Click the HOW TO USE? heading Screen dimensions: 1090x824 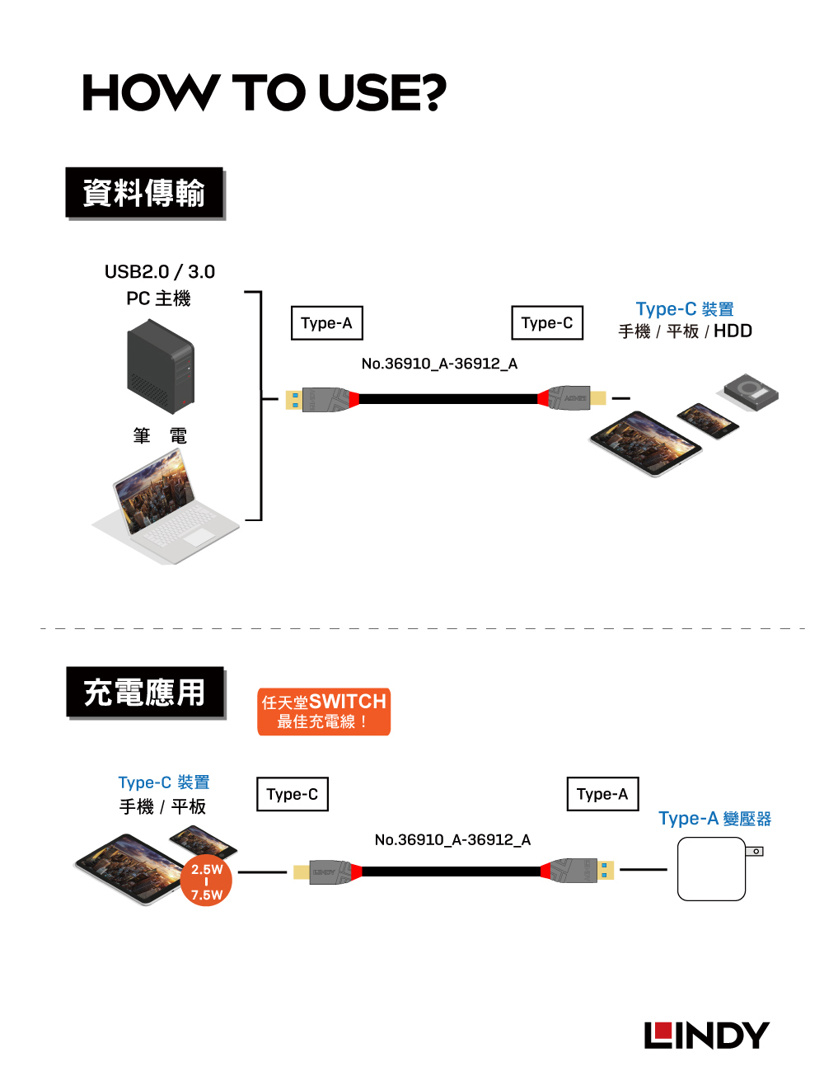[x=264, y=92]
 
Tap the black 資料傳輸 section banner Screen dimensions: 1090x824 [x=144, y=193]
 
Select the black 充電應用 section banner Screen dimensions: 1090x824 [x=145, y=693]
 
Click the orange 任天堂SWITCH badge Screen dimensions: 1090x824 [x=324, y=712]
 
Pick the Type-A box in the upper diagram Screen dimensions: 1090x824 [x=326, y=323]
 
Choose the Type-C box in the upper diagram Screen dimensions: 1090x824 [x=547, y=323]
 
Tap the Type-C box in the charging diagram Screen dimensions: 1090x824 [x=293, y=794]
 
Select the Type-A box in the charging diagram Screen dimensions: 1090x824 [x=602, y=794]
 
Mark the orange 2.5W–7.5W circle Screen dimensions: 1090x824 [x=207, y=882]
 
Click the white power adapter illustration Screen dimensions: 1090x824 [x=713, y=869]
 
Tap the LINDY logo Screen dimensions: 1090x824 [x=706, y=1036]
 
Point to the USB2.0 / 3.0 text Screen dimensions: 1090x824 [x=160, y=272]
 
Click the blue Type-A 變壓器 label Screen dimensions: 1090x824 [x=714, y=819]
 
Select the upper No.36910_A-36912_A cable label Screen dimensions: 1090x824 [x=439, y=364]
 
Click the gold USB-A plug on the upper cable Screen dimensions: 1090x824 [x=294, y=400]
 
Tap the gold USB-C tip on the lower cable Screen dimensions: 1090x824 [x=302, y=872]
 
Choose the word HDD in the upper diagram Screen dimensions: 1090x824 [x=733, y=331]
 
